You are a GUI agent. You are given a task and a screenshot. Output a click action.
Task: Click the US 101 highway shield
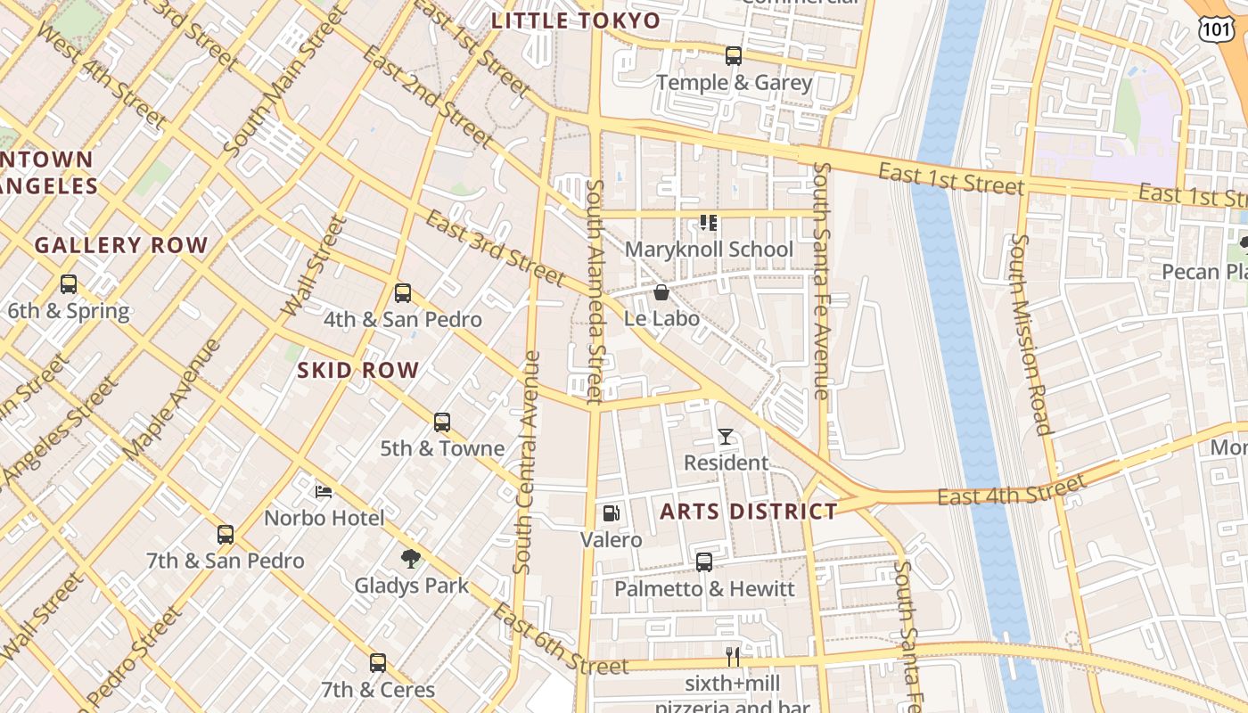click(1215, 29)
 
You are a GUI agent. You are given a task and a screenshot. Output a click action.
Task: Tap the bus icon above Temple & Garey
click(734, 56)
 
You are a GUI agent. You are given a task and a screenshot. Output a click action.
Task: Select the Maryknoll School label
click(709, 250)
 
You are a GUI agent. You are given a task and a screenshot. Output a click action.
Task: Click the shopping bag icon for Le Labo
click(661, 292)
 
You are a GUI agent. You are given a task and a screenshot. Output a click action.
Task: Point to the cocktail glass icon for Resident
click(726, 437)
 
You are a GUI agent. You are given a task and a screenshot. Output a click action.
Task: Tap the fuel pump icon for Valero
click(612, 513)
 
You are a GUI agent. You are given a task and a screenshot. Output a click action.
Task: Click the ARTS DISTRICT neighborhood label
click(749, 512)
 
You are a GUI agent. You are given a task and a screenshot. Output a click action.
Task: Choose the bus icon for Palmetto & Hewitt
click(704, 562)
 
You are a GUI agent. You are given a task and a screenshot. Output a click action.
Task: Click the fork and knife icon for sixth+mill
click(733, 657)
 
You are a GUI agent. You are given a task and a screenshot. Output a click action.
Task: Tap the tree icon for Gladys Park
click(411, 559)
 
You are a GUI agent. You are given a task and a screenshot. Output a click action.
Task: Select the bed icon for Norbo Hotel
click(324, 492)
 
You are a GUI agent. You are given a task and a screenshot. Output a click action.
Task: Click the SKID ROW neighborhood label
click(358, 371)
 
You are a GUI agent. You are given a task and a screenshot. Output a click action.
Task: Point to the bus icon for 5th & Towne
click(442, 422)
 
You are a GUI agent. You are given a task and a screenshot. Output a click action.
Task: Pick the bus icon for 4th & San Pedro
click(403, 293)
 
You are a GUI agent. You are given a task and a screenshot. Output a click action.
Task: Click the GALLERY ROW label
click(121, 245)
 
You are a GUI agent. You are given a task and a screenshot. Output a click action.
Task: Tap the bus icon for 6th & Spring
click(69, 285)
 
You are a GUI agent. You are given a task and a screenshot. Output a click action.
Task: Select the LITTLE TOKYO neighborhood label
click(577, 20)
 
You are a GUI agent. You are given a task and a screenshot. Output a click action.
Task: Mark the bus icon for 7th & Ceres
click(378, 663)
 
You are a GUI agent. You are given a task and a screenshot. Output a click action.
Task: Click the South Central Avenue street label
click(527, 463)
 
